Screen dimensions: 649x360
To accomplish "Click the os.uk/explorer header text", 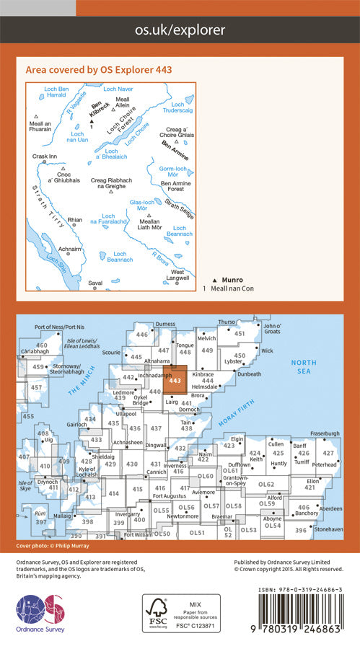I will [180, 30].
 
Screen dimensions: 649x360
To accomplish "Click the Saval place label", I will [95, 283].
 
